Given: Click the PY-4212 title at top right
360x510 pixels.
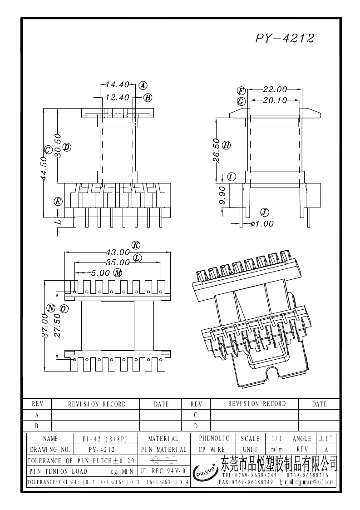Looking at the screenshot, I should (x=284, y=38).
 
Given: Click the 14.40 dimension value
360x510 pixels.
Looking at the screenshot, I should (x=117, y=85).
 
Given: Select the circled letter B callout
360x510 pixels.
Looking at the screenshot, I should (x=148, y=98).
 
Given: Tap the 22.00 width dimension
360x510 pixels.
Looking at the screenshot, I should (x=275, y=89).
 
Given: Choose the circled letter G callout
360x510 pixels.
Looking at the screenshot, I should (x=241, y=101).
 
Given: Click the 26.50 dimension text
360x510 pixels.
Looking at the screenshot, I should (x=217, y=151).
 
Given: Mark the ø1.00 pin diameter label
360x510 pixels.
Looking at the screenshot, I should (x=262, y=223).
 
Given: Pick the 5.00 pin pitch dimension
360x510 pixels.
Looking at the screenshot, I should (x=100, y=273).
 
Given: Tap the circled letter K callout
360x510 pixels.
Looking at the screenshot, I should (x=135, y=245).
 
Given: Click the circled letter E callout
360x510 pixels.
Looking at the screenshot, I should (x=58, y=202).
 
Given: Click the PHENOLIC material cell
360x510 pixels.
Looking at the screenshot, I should (x=214, y=438).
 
